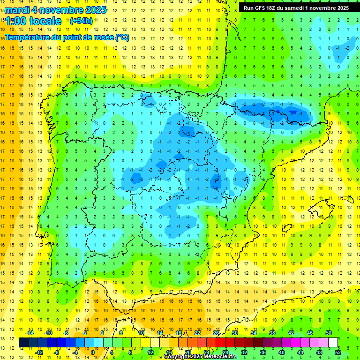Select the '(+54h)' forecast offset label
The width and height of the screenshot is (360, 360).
click(x=81, y=21)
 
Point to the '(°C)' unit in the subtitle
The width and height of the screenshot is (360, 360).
click(x=122, y=37)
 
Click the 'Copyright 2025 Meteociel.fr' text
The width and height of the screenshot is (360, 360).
click(x=200, y=357)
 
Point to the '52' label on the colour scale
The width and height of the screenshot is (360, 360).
click(x=338, y=352)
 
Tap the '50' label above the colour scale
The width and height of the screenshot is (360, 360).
click(x=328, y=333)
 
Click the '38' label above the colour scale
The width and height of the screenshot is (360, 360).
click(x=272, y=333)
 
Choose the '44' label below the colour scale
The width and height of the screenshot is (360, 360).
click(x=300, y=352)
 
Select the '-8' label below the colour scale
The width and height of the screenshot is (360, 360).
click(x=57, y=352)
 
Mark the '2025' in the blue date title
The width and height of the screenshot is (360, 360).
click(x=95, y=10)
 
